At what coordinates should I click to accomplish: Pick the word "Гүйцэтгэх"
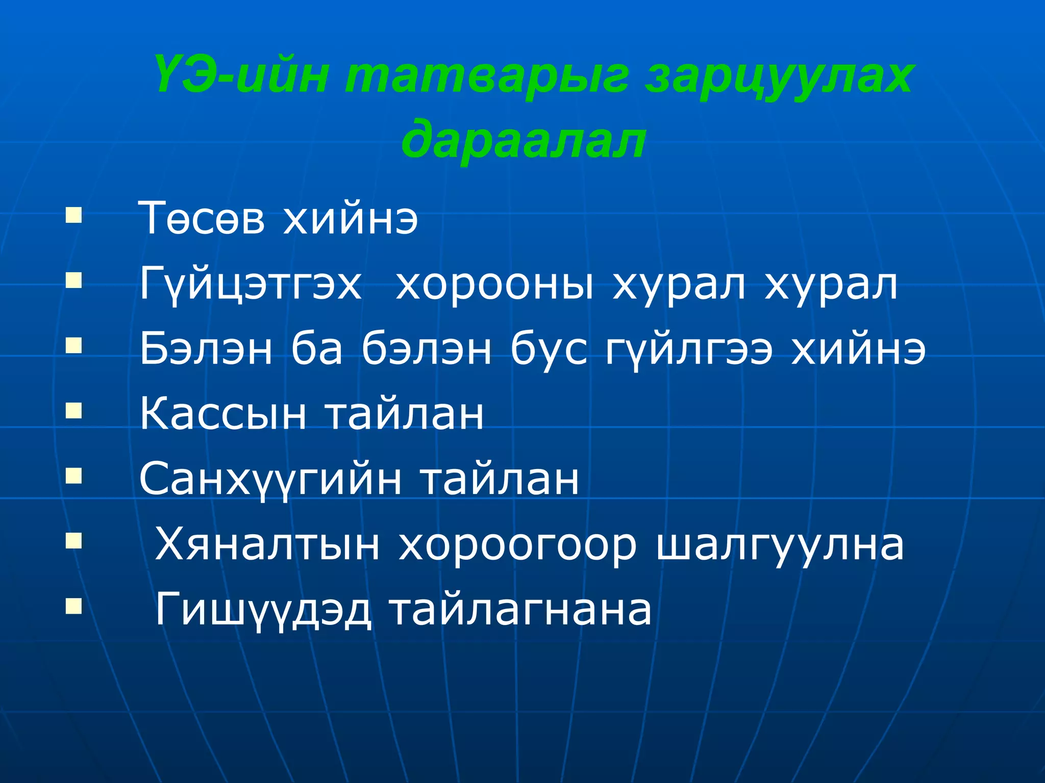click(251, 285)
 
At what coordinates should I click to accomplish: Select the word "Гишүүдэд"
click(263, 610)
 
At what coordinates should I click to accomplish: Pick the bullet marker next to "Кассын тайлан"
click(73, 411)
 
